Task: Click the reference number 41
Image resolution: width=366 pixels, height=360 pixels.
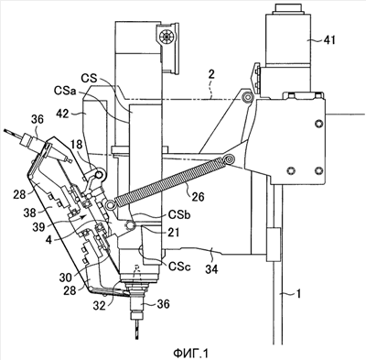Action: point(328,40)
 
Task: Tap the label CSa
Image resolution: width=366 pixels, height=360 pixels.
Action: point(65,91)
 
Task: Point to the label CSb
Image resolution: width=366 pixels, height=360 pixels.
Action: point(179,214)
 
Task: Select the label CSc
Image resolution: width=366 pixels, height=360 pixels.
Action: point(179,267)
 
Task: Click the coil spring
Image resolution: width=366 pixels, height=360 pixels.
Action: point(170,181)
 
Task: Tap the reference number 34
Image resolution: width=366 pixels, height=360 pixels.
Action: point(211,269)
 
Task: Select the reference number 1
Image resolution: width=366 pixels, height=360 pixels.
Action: point(298,294)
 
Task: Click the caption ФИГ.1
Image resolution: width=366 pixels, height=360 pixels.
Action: point(190,354)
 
